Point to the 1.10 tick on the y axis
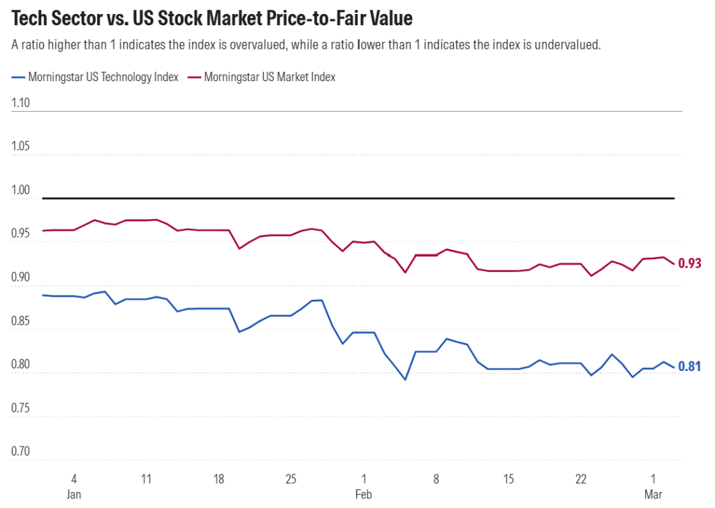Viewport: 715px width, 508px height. coord(22,103)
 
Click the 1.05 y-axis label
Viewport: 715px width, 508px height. coord(22,147)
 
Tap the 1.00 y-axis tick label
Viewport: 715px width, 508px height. coord(22,190)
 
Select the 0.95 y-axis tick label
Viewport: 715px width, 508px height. coord(22,234)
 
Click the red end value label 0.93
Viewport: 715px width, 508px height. coord(689,263)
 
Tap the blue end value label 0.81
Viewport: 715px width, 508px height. coord(689,366)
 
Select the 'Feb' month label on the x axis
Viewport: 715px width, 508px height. coord(363,494)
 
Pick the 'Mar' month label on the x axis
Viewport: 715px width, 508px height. coord(654,494)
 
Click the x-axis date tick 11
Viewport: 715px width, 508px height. coord(146,479)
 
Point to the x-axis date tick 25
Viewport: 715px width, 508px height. coord(291,479)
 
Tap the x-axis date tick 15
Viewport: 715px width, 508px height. coord(508,479)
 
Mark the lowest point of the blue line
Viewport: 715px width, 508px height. coord(405,379)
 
